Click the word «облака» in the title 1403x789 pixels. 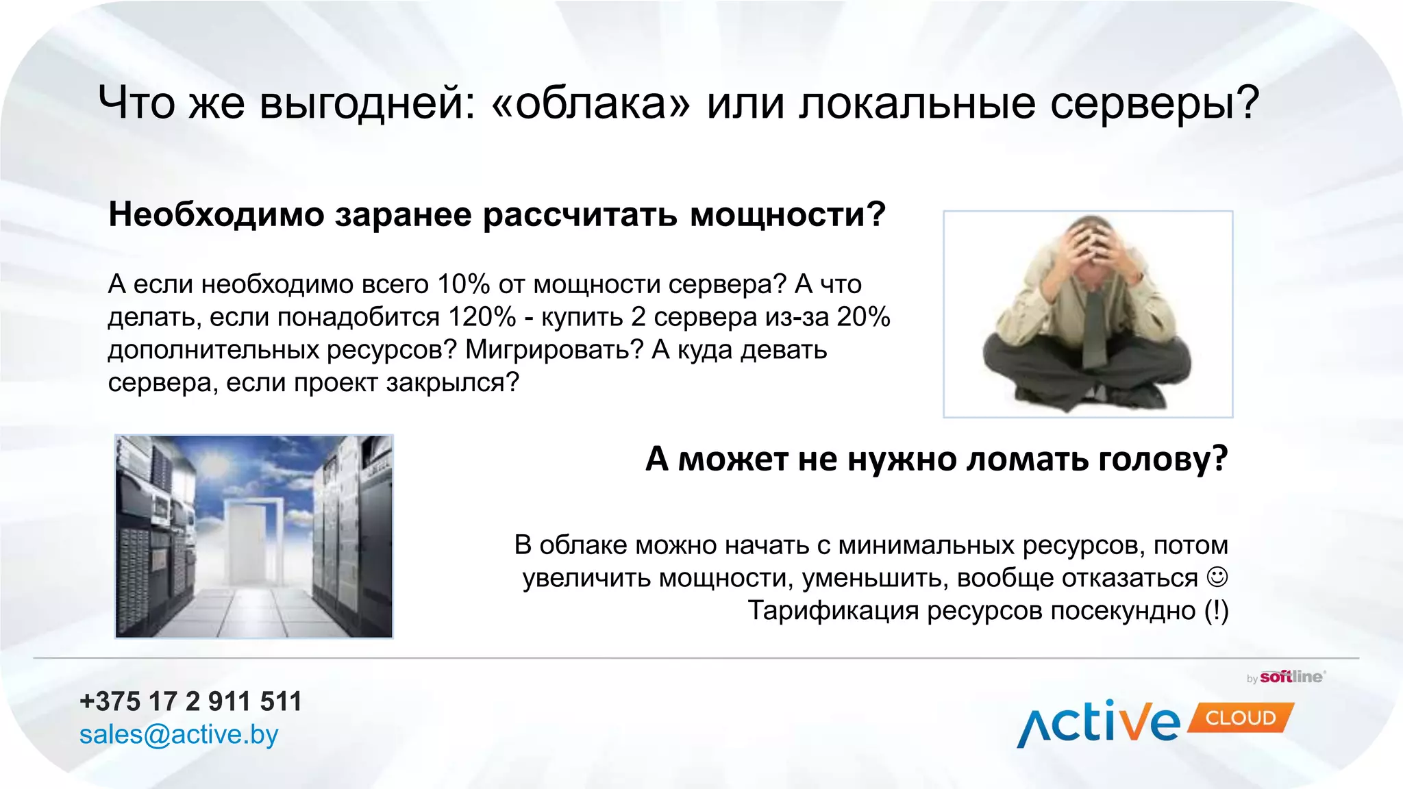click(x=591, y=103)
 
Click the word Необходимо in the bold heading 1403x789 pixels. click(x=216, y=214)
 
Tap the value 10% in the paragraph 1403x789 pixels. click(x=464, y=284)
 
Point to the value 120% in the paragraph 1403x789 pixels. click(x=482, y=316)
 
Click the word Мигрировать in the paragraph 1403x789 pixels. click(x=554, y=349)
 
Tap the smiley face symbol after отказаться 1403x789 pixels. click(x=1217, y=577)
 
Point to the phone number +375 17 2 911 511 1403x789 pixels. click(x=190, y=701)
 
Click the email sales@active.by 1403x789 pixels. click(x=179, y=735)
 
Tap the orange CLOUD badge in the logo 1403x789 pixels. click(x=1240, y=718)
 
